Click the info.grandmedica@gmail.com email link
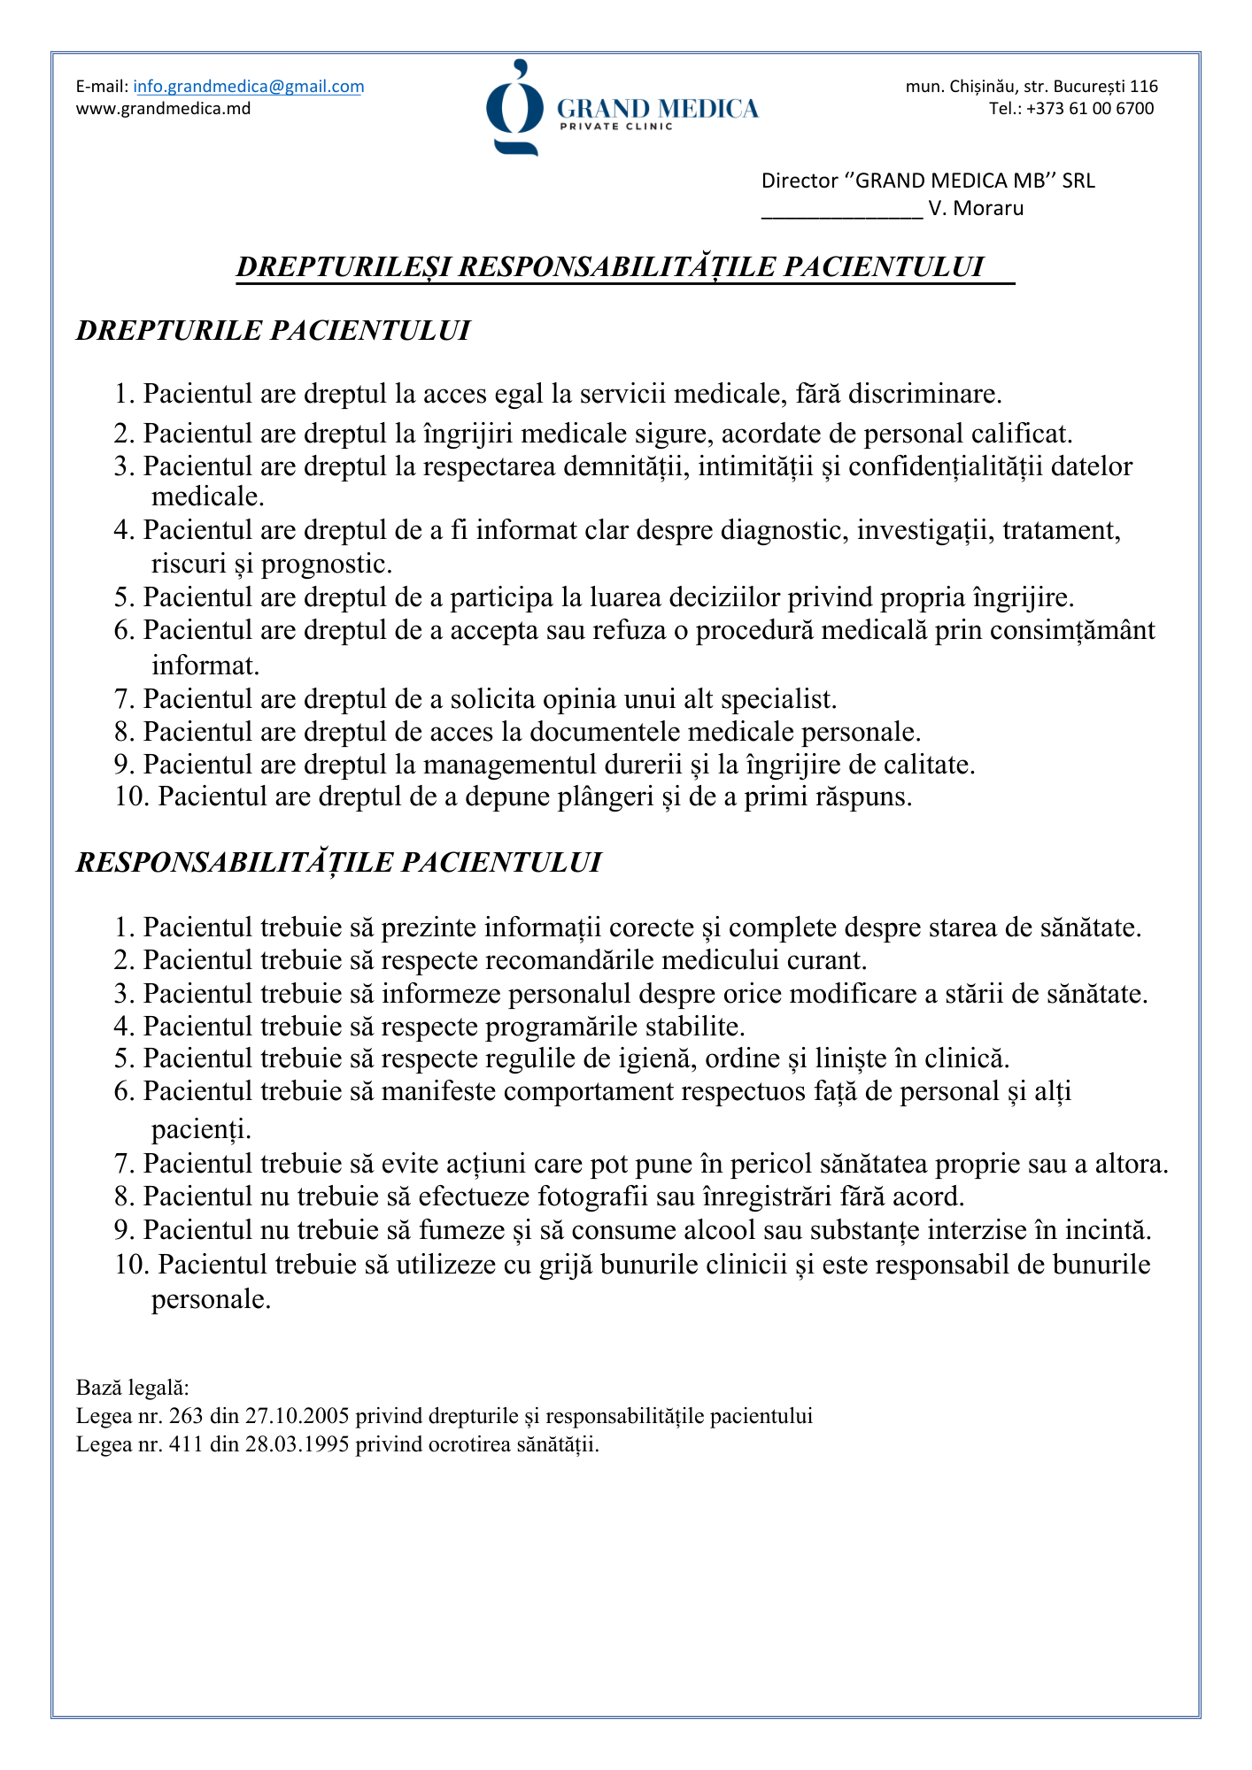pyautogui.click(x=248, y=87)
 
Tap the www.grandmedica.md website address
pyautogui.click(x=163, y=109)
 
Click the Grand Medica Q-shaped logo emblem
pyautogui.click(x=514, y=108)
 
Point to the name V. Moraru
pyautogui.click(x=976, y=209)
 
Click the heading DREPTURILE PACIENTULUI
pyautogui.click(x=273, y=330)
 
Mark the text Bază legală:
pyautogui.click(x=133, y=1387)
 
